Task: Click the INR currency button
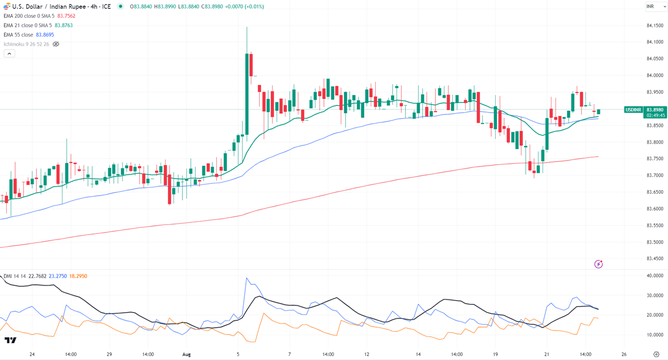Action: [650, 6]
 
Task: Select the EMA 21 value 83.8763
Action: [64, 25]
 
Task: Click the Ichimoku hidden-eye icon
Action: [56, 44]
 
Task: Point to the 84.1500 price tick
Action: [654, 26]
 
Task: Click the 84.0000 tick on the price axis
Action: [654, 75]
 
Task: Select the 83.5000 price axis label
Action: [654, 242]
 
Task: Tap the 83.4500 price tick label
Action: [654, 259]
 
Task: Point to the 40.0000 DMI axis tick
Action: [654, 275]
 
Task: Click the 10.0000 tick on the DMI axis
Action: [654, 335]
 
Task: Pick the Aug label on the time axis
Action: [186, 354]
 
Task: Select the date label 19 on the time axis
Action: [495, 354]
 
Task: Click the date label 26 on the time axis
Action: [623, 354]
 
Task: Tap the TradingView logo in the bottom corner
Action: [10, 340]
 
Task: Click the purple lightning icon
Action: [598, 264]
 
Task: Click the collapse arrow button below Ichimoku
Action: [9, 53]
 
